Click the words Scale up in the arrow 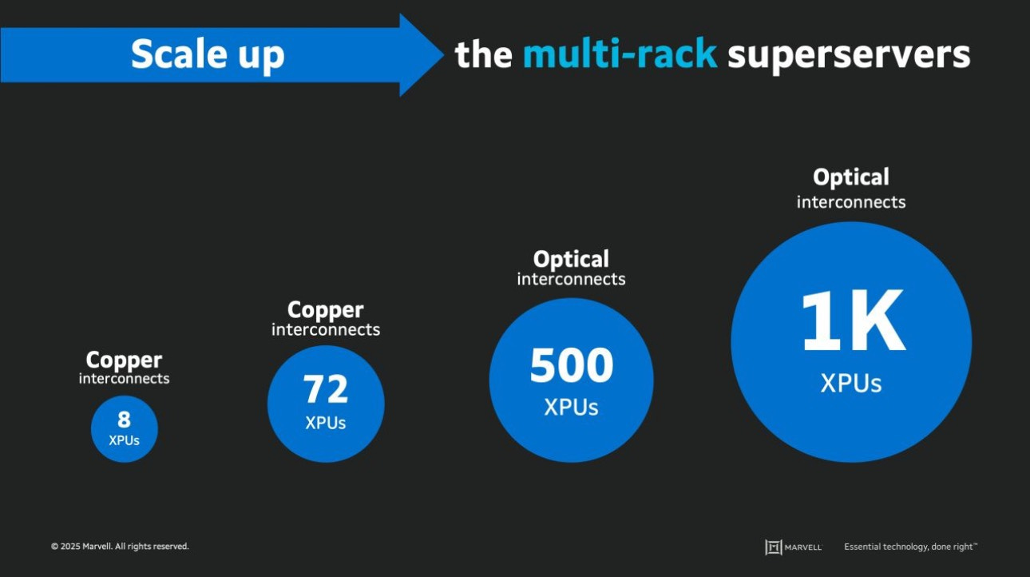(208, 55)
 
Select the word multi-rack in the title (620, 54)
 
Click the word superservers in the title (849, 54)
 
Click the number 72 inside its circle (326, 390)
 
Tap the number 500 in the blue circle (571, 366)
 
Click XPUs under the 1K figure (851, 384)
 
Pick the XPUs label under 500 (571, 407)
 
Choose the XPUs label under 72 (326, 423)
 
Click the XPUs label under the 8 (124, 440)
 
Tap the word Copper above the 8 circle (124, 360)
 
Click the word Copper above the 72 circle (326, 310)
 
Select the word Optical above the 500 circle (571, 260)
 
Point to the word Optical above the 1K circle (851, 177)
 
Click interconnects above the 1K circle (851, 202)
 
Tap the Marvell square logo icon (773, 547)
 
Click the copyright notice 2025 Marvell (120, 547)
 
